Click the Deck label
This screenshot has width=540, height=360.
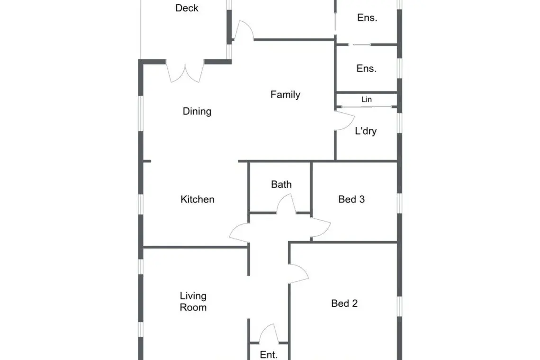pyautogui.click(x=187, y=8)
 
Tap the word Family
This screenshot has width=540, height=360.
pyautogui.click(x=285, y=94)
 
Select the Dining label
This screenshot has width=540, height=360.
pyautogui.click(x=197, y=111)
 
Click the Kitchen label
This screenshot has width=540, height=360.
pyautogui.click(x=198, y=199)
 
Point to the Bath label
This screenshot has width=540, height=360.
pyautogui.click(x=281, y=184)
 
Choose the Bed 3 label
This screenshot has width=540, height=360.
pyautogui.click(x=351, y=199)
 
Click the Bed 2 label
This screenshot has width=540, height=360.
pyautogui.click(x=344, y=303)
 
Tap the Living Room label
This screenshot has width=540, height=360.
pyautogui.click(x=193, y=301)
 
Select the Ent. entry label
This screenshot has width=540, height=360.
pyautogui.click(x=269, y=354)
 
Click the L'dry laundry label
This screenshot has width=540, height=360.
pyautogui.click(x=366, y=131)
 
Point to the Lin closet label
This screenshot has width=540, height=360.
pyautogui.click(x=367, y=99)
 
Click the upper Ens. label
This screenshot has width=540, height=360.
pyautogui.click(x=367, y=18)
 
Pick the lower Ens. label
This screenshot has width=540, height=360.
pyautogui.click(x=367, y=68)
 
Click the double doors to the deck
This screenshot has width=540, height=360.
pyautogui.click(x=185, y=72)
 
